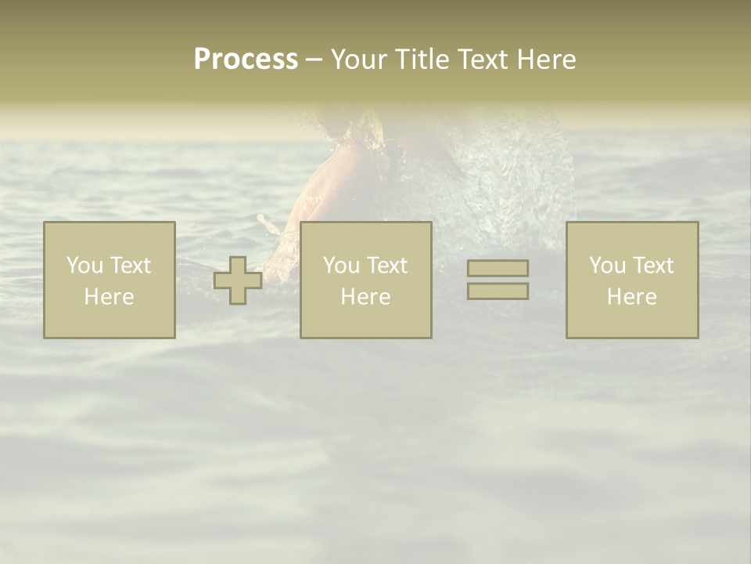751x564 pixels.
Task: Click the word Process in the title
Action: (x=246, y=60)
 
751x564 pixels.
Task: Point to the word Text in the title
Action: (x=486, y=60)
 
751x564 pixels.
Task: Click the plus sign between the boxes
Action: (x=238, y=280)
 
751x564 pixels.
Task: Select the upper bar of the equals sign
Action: (x=498, y=268)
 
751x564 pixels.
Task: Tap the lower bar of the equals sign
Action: (x=498, y=291)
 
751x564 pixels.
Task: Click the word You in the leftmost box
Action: (x=84, y=266)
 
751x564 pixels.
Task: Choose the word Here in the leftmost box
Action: (x=109, y=297)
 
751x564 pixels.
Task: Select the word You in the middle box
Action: (x=340, y=266)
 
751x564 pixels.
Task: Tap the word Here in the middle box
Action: (x=365, y=297)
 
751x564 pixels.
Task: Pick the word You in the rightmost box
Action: (x=606, y=266)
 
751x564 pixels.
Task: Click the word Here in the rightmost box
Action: (x=631, y=297)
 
